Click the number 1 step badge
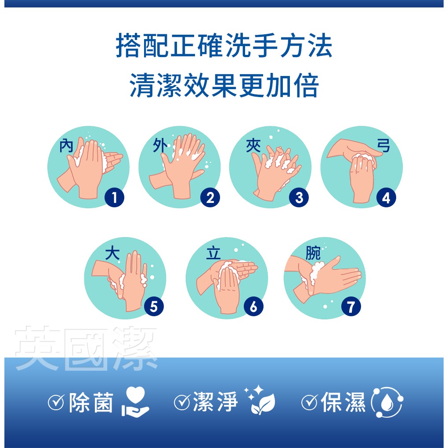[114, 198]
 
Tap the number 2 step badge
[210, 198]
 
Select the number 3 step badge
[299, 198]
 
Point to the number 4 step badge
[386, 198]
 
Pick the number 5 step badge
[154, 307]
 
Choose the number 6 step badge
[253, 307]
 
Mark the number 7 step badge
[351, 307]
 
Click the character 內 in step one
[66, 146]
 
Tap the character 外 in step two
[160, 145]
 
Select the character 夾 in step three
[253, 145]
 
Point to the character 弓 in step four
[383, 145]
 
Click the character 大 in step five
[112, 253]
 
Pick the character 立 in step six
[213, 253]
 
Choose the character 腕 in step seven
[313, 253]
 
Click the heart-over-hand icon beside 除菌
[135, 401]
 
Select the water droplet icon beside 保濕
[387, 402]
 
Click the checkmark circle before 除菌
[56, 402]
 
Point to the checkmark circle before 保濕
[310, 402]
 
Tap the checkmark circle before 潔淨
[182, 402]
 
